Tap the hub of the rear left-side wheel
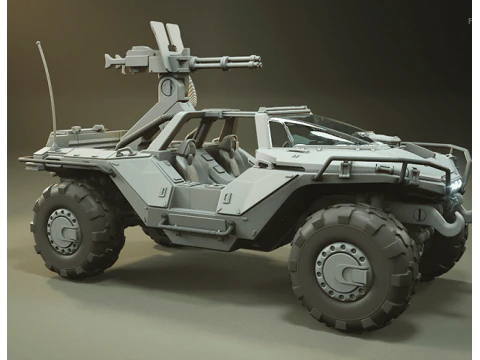[64, 230]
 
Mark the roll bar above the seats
[200, 115]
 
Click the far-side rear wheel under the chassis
[155, 236]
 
